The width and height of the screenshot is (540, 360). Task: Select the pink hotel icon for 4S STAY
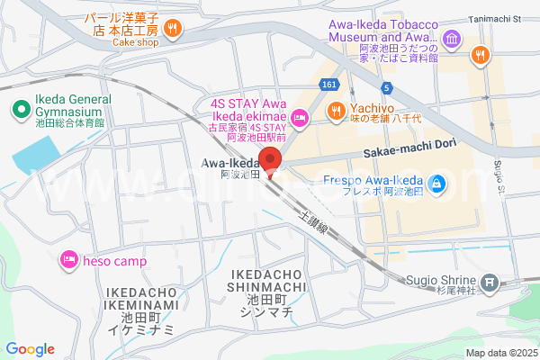(300, 117)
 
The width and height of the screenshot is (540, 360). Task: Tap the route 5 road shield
(386, 87)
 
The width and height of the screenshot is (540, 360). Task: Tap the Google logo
(30, 349)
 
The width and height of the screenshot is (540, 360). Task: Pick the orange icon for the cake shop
(172, 29)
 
